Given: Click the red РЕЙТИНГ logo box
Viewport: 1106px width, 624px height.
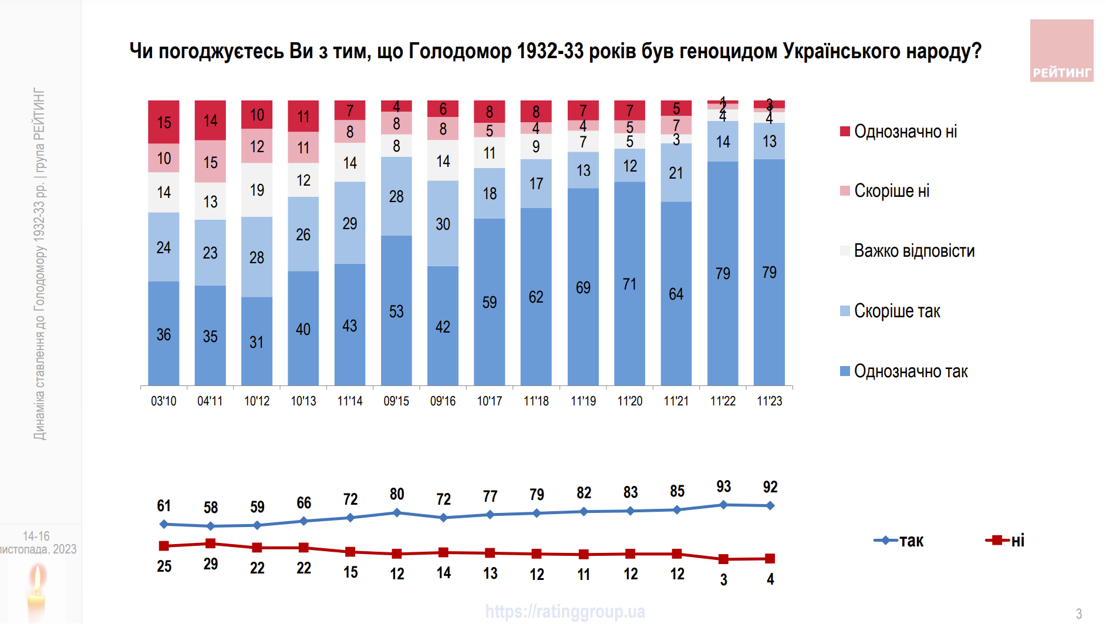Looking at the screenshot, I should point(1061,51).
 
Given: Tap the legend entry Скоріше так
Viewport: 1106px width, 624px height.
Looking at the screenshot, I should point(896,311).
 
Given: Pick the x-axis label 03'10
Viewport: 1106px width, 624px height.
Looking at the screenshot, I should point(163,401).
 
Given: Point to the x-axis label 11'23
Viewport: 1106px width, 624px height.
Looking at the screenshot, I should point(769,401).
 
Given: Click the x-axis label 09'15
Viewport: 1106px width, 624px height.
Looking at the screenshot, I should point(396,401).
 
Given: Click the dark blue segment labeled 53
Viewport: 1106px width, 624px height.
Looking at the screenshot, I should point(396,311).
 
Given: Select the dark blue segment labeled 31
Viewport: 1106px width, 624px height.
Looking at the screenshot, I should point(257,341).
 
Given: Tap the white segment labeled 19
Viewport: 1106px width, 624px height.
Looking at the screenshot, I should point(257,190).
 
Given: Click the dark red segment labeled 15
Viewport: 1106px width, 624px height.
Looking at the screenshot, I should point(164,122).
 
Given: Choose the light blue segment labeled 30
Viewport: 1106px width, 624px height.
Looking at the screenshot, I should point(443,223).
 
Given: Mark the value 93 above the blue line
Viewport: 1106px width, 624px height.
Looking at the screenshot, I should point(723,487).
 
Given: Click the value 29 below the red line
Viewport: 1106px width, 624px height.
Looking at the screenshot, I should point(210,564).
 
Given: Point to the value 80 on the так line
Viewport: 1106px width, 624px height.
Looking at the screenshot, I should point(397,494).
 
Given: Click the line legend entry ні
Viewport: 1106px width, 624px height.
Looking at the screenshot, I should point(1005,540).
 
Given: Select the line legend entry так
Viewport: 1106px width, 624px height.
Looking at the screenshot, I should point(899,540).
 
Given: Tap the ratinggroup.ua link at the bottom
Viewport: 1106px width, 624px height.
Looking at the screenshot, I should point(565,612).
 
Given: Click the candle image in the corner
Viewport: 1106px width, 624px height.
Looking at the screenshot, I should point(36,591).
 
